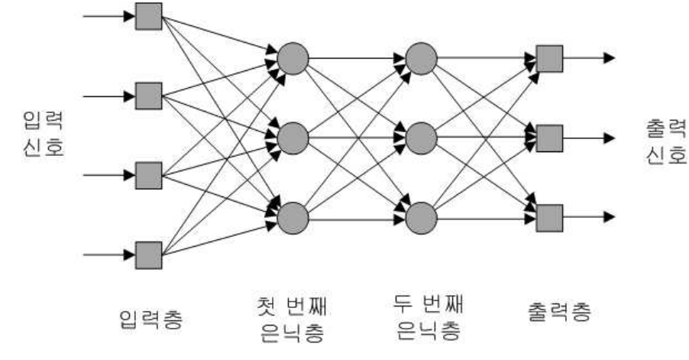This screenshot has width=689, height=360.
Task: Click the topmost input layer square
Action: click(x=148, y=16)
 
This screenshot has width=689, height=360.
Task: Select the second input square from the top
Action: click(x=148, y=96)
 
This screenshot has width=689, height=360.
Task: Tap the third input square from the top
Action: click(x=148, y=175)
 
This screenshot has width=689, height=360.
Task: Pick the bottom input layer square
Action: click(x=148, y=255)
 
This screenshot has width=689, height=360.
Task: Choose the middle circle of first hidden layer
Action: click(x=293, y=138)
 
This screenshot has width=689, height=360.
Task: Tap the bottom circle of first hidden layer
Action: click(x=293, y=218)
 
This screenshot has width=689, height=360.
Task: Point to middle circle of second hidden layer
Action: click(x=420, y=138)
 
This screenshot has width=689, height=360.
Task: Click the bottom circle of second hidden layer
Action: click(x=420, y=218)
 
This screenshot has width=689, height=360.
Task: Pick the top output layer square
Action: click(x=549, y=57)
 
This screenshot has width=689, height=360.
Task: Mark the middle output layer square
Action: click(x=549, y=138)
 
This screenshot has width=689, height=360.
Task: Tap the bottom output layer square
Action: click(x=549, y=218)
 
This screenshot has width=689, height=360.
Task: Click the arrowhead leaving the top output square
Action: click(x=608, y=57)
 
